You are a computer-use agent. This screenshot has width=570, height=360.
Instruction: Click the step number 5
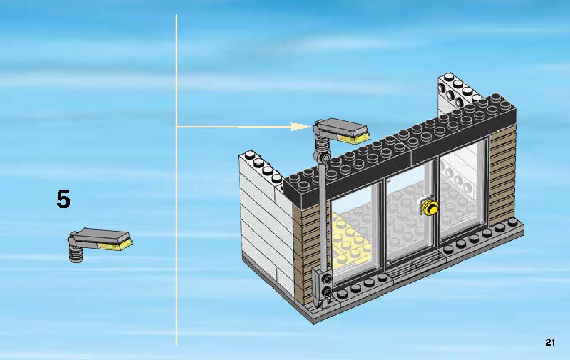[x=63, y=200]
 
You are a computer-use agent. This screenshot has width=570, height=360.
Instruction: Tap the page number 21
[x=550, y=342]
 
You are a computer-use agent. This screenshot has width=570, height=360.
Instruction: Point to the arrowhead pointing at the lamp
[x=303, y=126]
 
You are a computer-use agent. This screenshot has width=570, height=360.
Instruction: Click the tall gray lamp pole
[x=323, y=213]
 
